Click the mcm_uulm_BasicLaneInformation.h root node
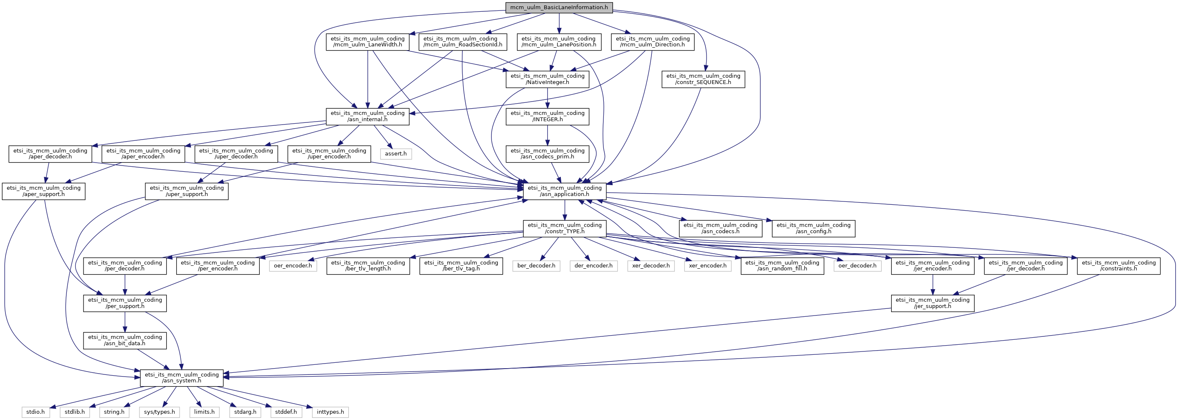tap(559, 8)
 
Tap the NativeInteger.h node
tap(547, 79)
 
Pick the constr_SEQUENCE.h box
tap(703, 79)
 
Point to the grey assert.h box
tap(395, 154)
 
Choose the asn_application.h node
tap(565, 191)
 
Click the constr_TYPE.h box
tap(565, 228)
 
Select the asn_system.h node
tap(182, 377)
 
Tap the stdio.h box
tap(35, 412)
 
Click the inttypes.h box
tap(330, 412)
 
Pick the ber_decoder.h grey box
tap(537, 265)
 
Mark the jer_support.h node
tap(932, 303)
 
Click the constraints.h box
tap(1119, 265)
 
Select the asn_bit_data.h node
tap(125, 340)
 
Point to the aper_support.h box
tap(43, 191)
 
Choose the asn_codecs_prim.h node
tap(547, 154)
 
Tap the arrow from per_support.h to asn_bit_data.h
tap(125, 322)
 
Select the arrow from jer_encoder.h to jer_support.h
tap(932, 285)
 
